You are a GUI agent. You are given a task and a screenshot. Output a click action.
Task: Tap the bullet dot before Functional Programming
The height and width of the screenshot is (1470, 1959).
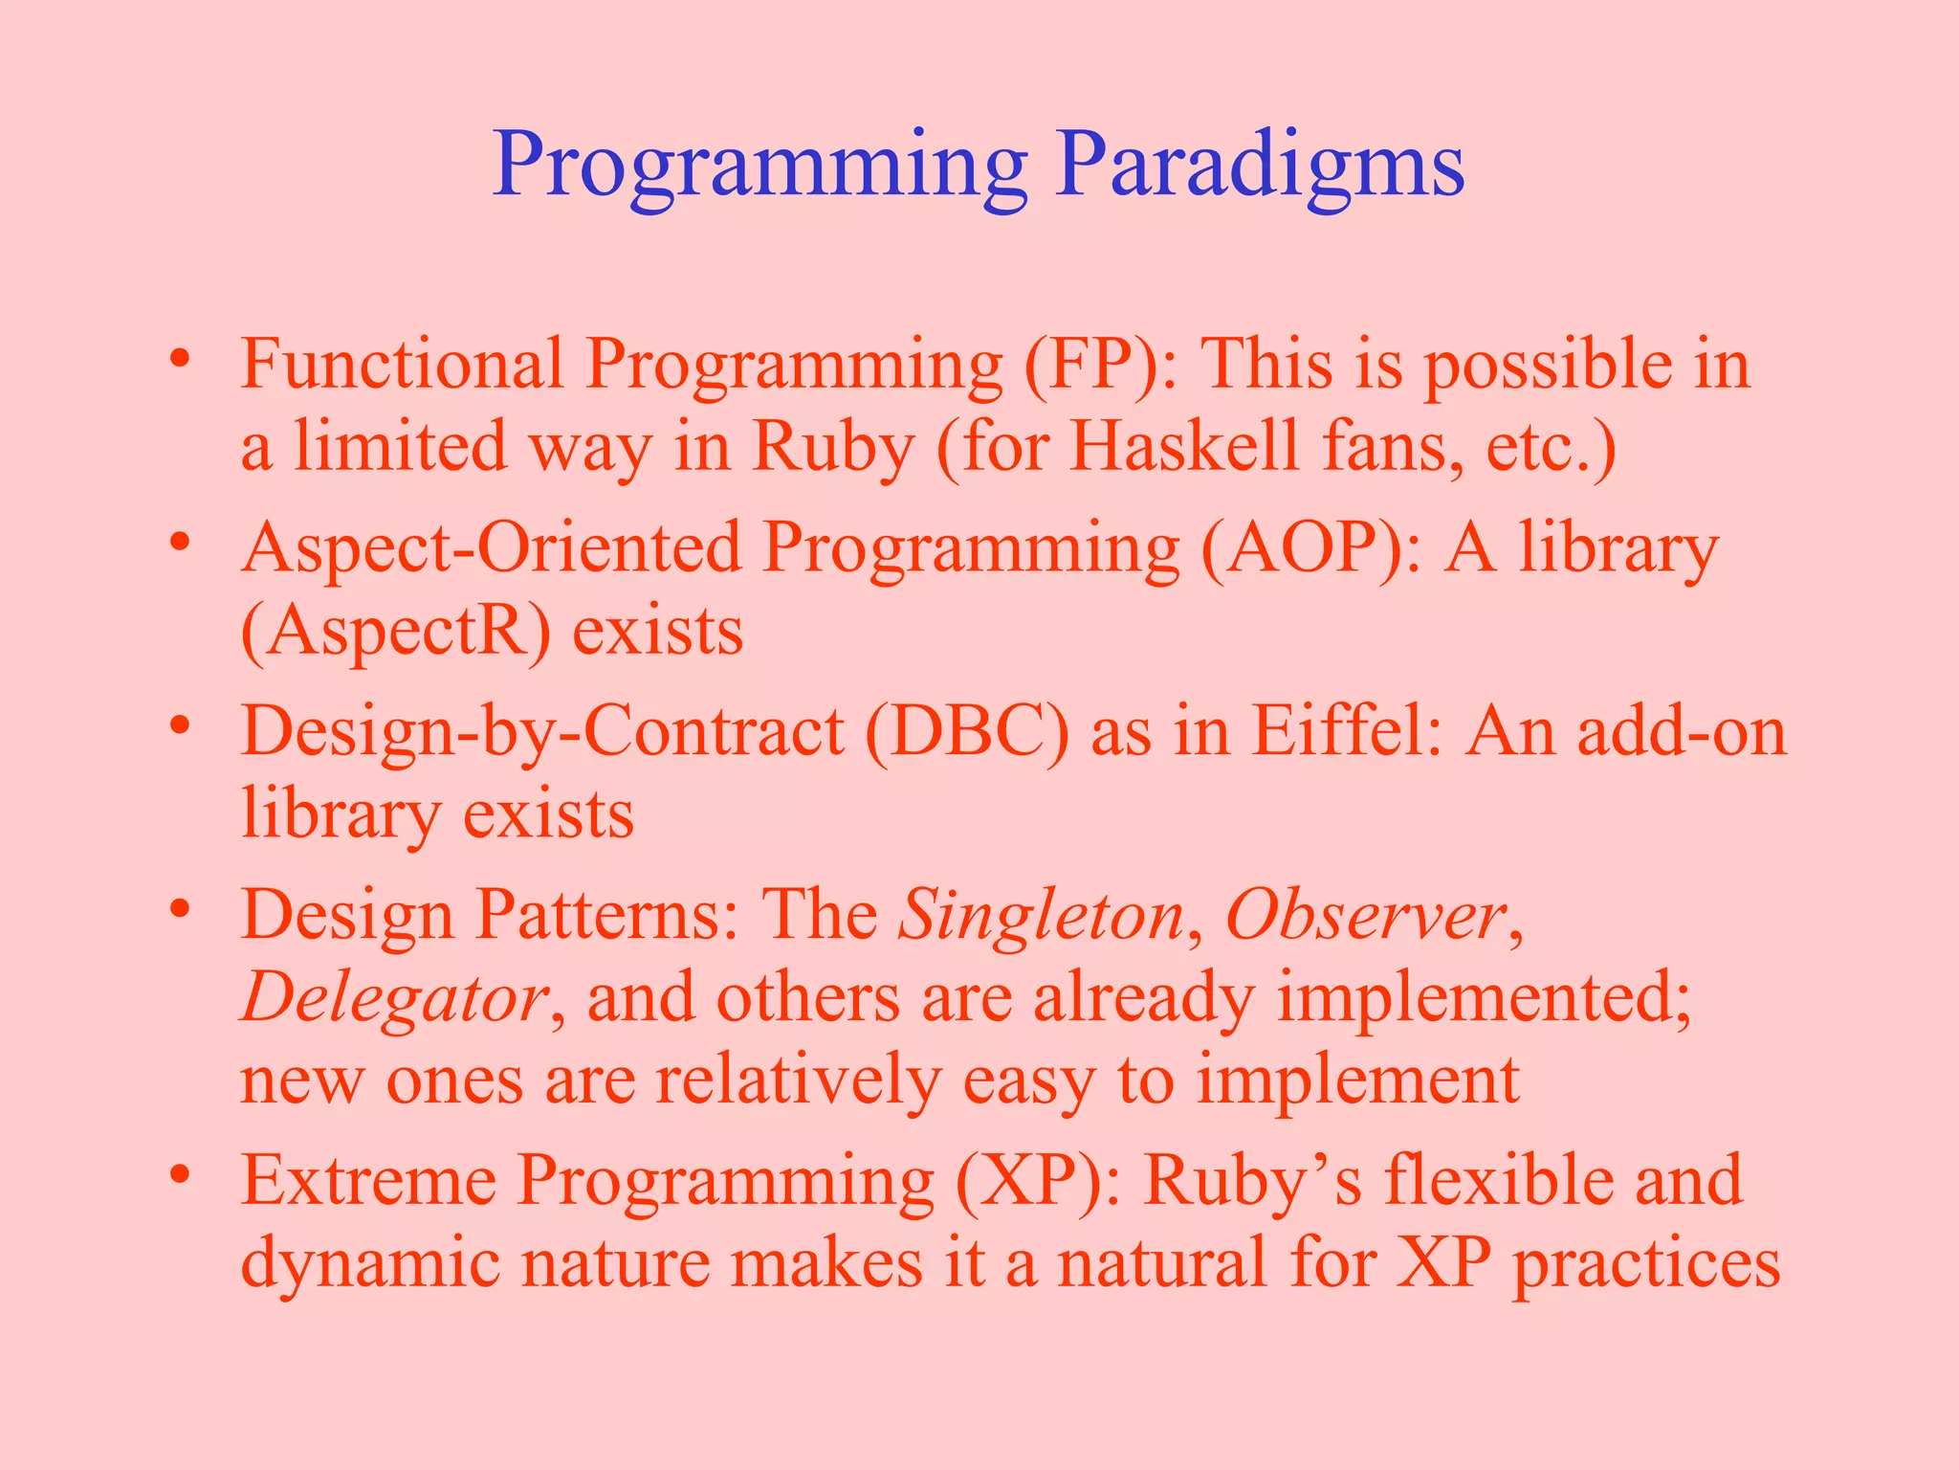point(179,360)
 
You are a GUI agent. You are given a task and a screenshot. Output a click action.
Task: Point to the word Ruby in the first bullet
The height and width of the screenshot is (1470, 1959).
point(832,448)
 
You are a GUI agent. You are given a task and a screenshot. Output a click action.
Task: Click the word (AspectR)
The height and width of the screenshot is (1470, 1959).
point(395,632)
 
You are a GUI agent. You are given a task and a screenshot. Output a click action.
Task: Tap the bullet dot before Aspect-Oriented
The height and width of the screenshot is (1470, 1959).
point(179,544)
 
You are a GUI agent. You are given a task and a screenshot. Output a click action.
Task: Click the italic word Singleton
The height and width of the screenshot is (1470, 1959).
point(1041,916)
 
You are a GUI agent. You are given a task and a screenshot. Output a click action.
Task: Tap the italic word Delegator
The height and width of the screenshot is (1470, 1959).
point(393,998)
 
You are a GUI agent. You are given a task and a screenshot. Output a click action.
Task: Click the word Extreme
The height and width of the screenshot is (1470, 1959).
point(368,1181)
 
